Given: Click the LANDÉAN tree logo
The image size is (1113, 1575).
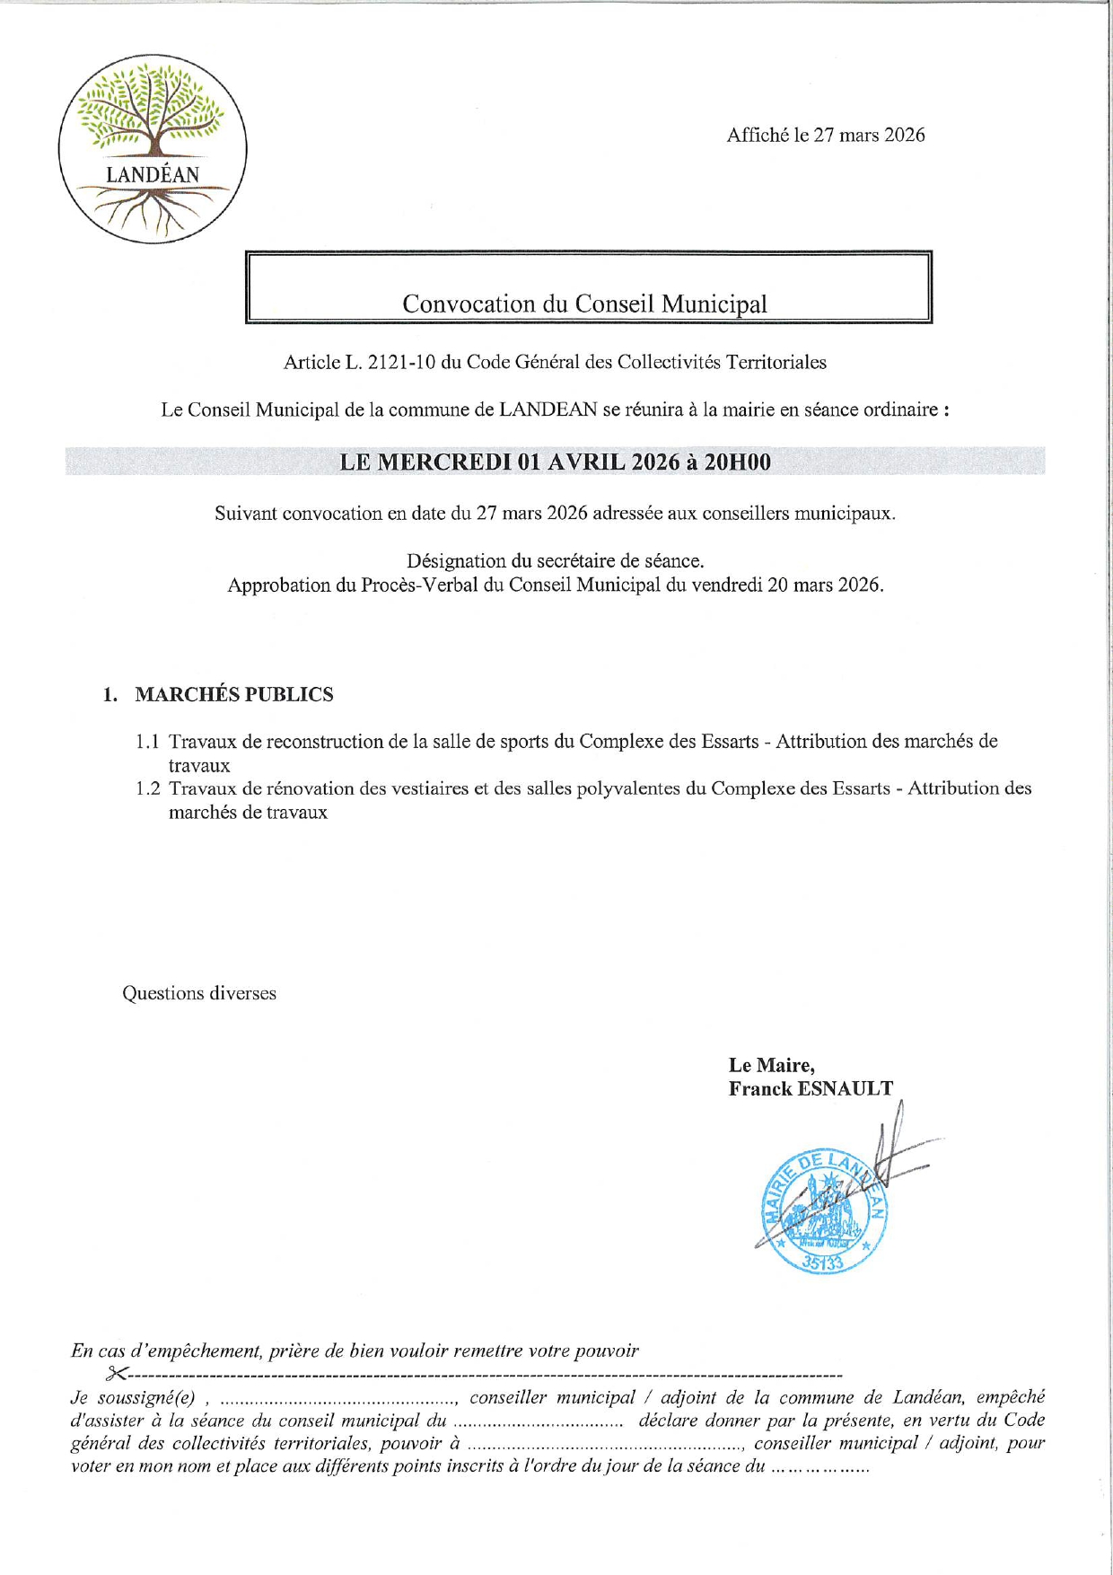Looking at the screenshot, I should (153, 148).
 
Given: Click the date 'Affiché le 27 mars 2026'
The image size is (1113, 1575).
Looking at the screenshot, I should (826, 135).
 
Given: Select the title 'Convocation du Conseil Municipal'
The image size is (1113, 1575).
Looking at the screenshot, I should (584, 304).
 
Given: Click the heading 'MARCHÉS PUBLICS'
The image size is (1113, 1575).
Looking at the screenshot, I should (233, 694).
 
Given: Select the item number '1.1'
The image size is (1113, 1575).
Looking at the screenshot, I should (148, 742).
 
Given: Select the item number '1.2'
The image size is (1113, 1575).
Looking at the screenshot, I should (148, 788).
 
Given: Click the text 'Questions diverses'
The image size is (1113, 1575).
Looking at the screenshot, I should (199, 993).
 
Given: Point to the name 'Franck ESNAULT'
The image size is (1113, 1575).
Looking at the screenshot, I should (811, 1088).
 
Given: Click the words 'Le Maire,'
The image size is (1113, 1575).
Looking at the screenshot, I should (771, 1065).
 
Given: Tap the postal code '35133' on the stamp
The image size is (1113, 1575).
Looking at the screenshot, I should (823, 1261).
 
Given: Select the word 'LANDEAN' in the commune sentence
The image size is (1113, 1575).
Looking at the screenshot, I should (548, 409).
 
